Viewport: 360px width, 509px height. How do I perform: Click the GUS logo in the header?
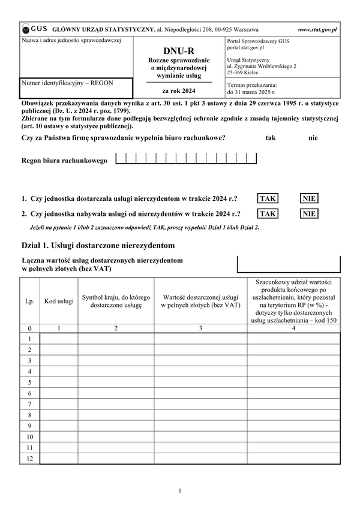[35, 29]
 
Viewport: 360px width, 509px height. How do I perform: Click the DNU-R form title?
[179, 52]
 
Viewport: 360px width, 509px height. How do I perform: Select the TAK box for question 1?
[268, 198]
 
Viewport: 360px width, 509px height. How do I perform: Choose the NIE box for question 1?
[309, 198]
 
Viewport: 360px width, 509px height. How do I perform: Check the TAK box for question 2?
[268, 213]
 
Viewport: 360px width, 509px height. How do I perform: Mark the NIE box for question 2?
[309, 213]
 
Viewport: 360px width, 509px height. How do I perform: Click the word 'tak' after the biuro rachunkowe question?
[270, 138]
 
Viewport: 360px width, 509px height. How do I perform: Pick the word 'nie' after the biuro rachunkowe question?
[313, 138]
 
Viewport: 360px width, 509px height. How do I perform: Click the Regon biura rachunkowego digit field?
[185, 159]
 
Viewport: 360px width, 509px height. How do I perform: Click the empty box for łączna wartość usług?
[289, 264]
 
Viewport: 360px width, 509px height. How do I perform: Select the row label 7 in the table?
[29, 403]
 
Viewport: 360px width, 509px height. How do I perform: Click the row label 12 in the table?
[29, 458]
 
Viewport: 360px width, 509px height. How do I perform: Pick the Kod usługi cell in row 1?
[59, 339]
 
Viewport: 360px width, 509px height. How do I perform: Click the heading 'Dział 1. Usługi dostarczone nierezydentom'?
[97, 245]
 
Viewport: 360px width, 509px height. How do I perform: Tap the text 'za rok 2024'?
[179, 91]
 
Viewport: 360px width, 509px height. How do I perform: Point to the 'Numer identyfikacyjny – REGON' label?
[67, 83]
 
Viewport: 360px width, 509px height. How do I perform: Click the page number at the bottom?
[179, 491]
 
